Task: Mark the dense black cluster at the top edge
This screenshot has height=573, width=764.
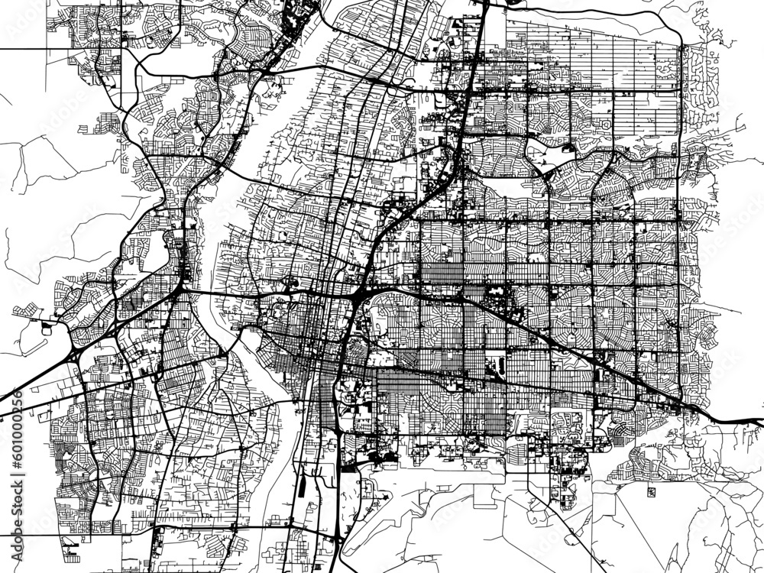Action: (294, 15)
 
